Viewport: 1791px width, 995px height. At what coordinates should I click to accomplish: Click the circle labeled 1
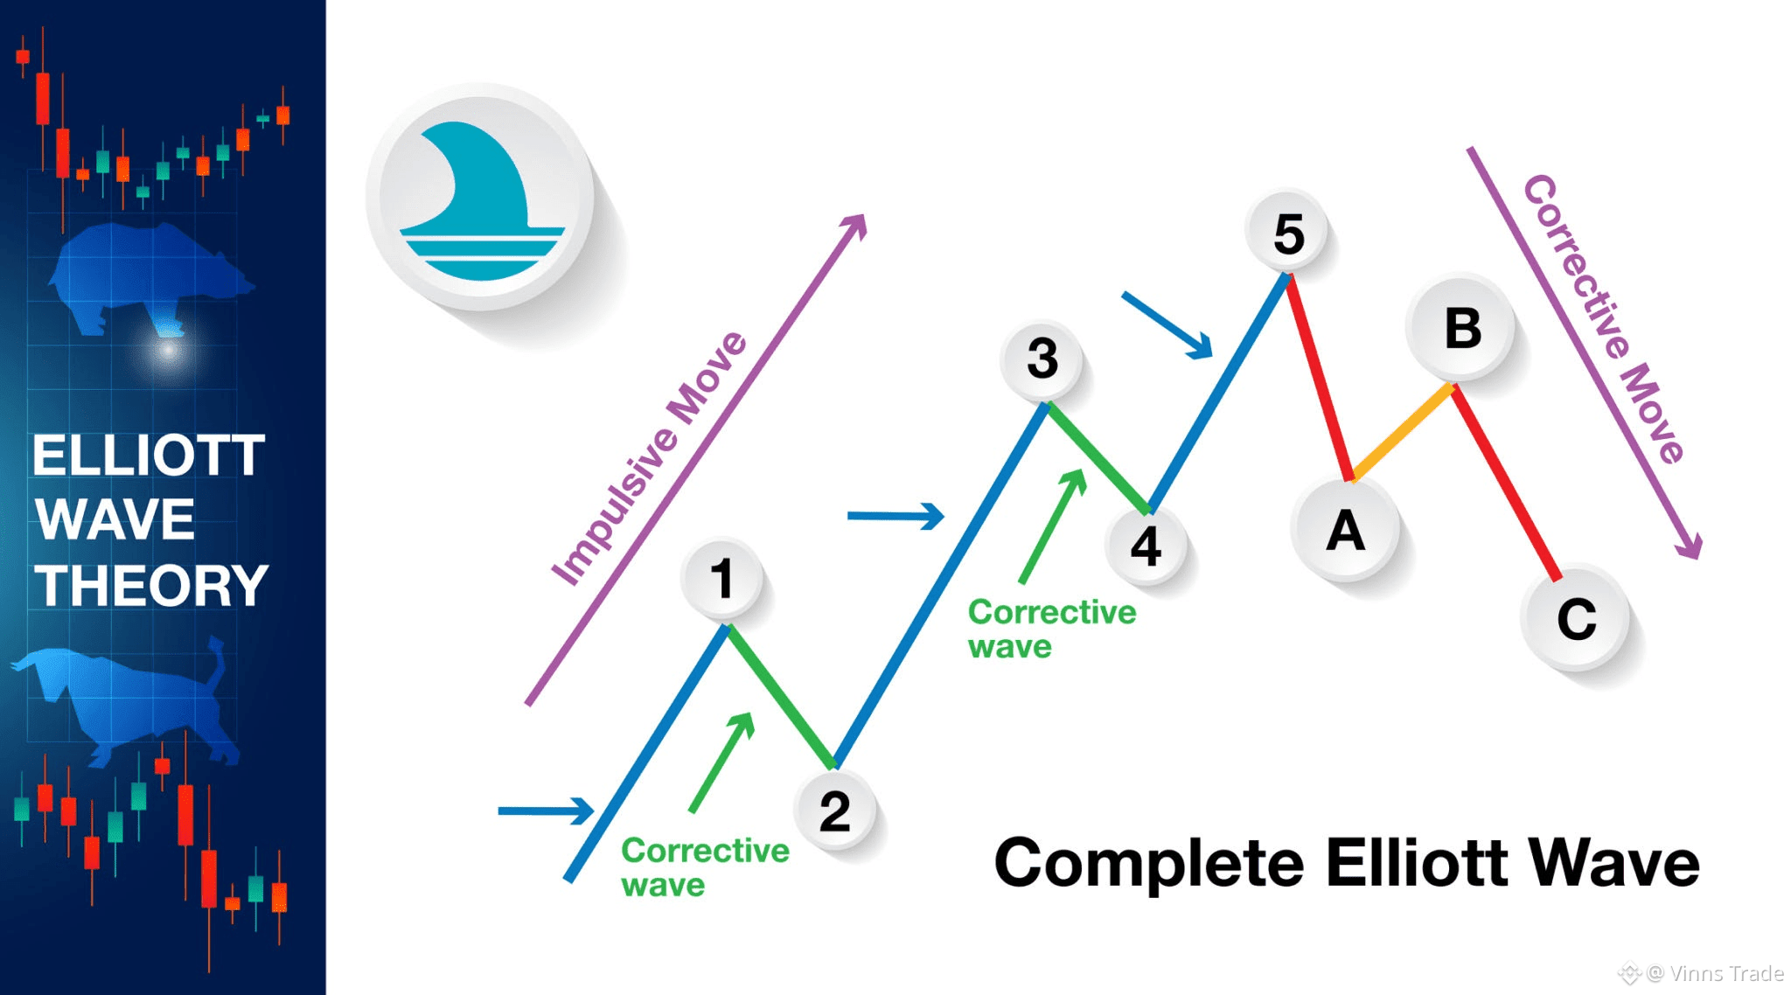[721, 578]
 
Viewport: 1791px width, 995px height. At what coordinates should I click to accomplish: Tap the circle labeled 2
[834, 811]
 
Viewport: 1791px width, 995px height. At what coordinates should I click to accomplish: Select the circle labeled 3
[1042, 358]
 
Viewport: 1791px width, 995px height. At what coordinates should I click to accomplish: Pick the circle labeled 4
[1146, 546]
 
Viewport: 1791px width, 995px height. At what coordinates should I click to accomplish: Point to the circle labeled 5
[1288, 233]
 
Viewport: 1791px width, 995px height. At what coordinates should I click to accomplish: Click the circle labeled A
[1345, 531]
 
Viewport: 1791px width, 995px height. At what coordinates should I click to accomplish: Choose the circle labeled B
[1462, 328]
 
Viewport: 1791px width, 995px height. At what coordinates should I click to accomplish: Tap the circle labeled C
[1576, 619]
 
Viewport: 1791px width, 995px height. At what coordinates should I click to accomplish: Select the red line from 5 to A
[1319, 376]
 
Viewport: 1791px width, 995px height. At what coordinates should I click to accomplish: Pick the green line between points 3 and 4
[1098, 457]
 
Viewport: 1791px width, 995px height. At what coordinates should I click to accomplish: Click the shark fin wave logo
[480, 198]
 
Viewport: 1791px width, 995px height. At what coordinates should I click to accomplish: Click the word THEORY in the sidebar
[150, 585]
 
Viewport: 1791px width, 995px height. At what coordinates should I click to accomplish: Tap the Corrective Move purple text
[1604, 318]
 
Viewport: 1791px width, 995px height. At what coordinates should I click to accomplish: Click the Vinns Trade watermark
[1714, 973]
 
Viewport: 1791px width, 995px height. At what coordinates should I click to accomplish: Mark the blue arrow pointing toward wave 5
[1167, 324]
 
